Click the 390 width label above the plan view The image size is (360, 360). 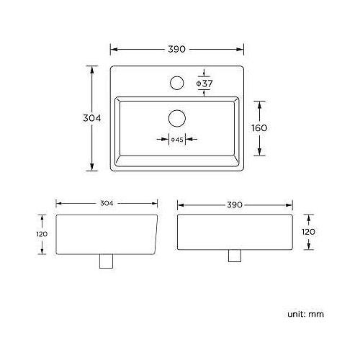pos(177,49)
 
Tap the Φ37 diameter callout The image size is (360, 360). pos(205,84)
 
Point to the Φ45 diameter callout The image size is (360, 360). pos(177,139)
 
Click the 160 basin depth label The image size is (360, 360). pos(260,127)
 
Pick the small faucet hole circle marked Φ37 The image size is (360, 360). pos(176,83)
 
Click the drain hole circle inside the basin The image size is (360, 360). pos(177,117)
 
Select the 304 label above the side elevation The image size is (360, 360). pos(106,204)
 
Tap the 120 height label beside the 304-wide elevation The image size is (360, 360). pos(42,234)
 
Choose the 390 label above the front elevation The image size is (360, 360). pos(234,204)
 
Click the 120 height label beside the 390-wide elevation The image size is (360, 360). pos(307,233)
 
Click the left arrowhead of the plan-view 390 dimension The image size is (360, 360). pos(113,49)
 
